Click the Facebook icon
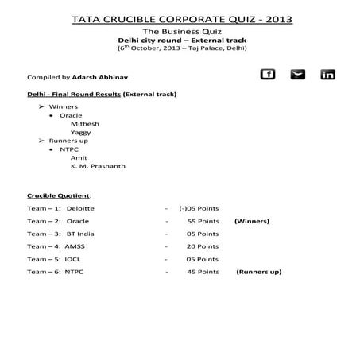click(268, 75)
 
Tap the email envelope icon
click(297, 75)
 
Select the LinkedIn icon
click(327, 75)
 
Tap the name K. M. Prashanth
click(98, 166)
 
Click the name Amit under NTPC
click(79, 157)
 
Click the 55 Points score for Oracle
click(203, 221)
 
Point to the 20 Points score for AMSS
click(203, 246)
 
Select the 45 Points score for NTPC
click(203, 272)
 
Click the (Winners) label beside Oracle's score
click(252, 221)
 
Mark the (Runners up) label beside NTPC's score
click(258, 272)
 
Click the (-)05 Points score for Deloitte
click(199, 208)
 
